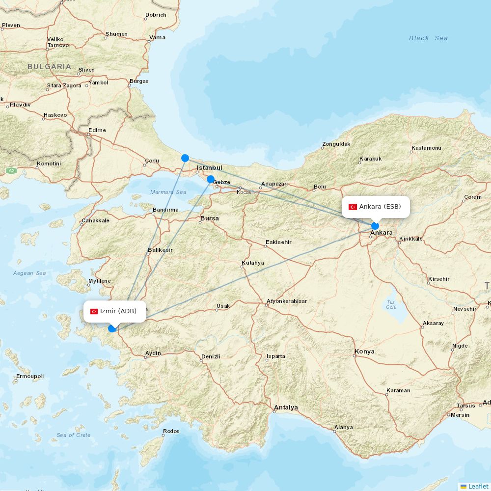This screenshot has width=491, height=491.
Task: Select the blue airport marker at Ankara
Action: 375,226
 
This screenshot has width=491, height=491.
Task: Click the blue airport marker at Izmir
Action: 112,328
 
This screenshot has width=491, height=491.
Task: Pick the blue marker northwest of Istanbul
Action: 185,158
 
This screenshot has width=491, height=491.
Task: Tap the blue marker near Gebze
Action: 211,179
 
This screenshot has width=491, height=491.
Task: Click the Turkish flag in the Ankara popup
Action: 353,207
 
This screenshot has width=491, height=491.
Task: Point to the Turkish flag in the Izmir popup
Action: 94,311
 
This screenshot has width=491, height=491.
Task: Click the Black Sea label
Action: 428,38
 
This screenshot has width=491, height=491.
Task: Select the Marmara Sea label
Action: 168,192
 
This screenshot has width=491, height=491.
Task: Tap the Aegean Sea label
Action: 29,273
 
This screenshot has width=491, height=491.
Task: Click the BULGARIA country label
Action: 49,66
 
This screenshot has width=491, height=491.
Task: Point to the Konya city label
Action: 364,352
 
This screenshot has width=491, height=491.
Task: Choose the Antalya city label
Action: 286,408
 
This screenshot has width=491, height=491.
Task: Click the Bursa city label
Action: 209,218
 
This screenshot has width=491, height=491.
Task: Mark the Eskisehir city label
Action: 278,242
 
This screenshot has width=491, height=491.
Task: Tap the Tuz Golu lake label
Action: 391,304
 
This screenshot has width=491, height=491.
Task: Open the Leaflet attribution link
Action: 478,486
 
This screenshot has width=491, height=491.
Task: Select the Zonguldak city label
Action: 336,144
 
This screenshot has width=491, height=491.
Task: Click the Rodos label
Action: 171,431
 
